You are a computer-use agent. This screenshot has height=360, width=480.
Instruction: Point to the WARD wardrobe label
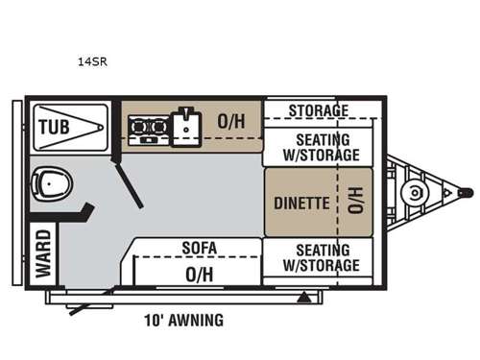tap(44, 253)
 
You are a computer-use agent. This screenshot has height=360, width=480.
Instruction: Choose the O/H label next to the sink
tap(231, 123)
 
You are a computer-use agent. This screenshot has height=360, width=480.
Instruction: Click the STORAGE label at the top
tap(317, 110)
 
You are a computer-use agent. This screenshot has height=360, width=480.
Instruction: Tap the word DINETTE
tap(302, 204)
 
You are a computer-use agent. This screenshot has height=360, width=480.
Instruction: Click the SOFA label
tap(200, 248)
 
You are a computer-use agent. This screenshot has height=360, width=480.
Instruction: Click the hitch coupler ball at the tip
tap(464, 192)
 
